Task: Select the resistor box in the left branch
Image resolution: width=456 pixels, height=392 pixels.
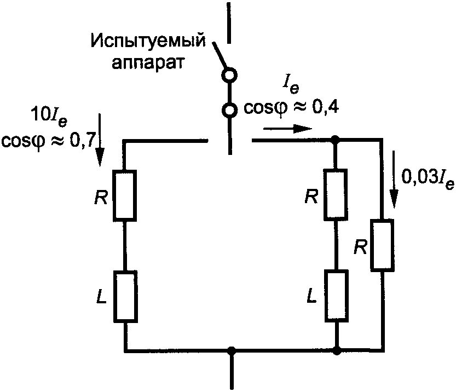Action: pos(125,195)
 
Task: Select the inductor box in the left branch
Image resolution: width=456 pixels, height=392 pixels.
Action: pos(125,296)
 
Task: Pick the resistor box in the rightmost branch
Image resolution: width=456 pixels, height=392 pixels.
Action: pos(382,245)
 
